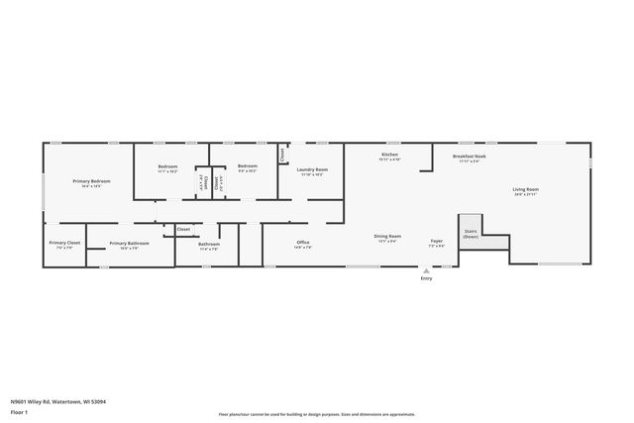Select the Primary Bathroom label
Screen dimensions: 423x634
(x=129, y=243)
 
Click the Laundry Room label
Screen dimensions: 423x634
(x=314, y=169)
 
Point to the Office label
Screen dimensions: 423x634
(x=304, y=242)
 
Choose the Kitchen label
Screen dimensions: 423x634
(x=390, y=156)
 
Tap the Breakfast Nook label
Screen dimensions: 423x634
(x=470, y=156)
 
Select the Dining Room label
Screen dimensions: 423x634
(x=387, y=236)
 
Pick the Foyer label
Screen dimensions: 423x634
(x=436, y=241)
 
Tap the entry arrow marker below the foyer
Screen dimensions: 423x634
(x=426, y=269)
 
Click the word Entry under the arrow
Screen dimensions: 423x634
(x=426, y=278)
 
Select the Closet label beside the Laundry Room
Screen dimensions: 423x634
(x=282, y=155)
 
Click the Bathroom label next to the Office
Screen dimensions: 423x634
(x=209, y=244)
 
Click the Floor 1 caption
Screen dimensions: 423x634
(x=20, y=411)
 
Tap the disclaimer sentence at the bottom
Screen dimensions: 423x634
(x=318, y=415)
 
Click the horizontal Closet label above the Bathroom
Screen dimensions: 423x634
(x=183, y=229)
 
